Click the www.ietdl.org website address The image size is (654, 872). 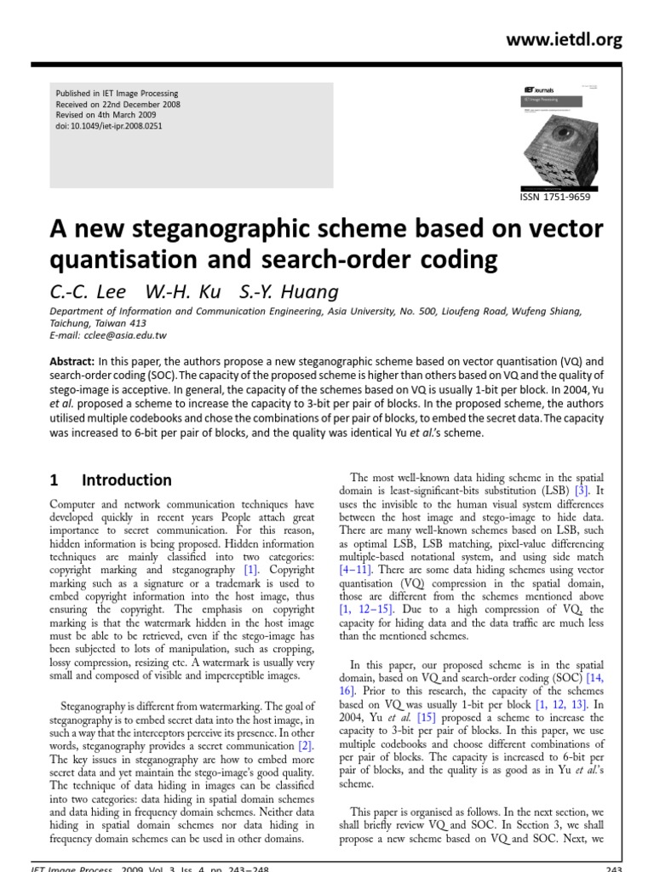(565, 40)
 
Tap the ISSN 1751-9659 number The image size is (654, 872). (554, 197)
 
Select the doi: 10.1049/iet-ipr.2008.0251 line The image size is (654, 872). (109, 126)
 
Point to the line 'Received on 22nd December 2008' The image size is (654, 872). (118, 104)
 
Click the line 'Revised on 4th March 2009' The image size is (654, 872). (106, 115)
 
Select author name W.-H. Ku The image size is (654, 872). (175, 292)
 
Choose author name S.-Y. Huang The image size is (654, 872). (278, 292)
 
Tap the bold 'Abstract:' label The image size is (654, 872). (72, 360)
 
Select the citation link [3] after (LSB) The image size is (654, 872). (582, 491)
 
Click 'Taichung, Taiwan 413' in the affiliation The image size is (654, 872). (99, 324)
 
